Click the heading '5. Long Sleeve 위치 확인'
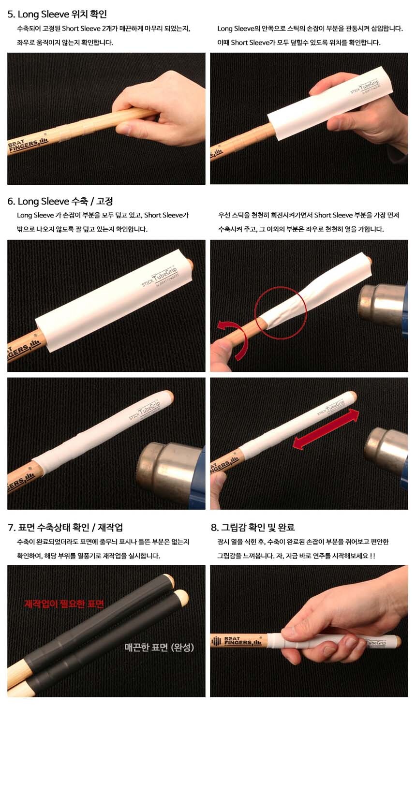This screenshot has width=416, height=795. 57,14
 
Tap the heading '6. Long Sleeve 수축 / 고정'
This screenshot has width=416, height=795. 60,201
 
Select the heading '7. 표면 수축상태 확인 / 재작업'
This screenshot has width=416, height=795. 65,528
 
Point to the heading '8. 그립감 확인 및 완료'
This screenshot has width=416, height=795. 253,528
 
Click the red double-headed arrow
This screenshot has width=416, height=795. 326,429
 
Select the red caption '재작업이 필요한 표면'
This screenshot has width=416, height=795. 64,604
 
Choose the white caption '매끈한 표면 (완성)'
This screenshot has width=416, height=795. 159,647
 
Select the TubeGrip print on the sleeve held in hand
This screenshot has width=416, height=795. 366,88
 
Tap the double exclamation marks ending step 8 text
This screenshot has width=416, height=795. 372,556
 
